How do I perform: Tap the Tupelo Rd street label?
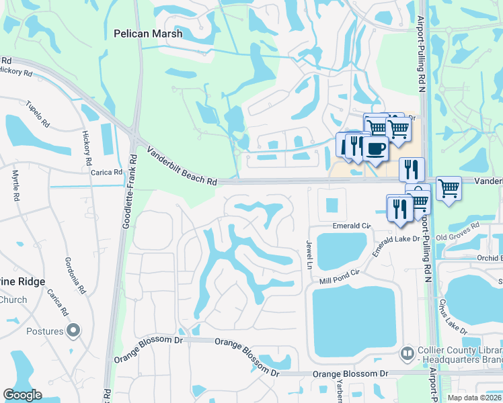click(x=38, y=114)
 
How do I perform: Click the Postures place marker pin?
click(x=74, y=330)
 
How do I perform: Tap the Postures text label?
click(x=45, y=331)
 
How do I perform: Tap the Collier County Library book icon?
click(x=407, y=352)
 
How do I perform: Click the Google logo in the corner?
click(x=22, y=395)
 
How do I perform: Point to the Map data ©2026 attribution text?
click(x=475, y=398)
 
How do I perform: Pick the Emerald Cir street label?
click(x=352, y=226)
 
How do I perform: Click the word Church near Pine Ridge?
click(x=13, y=300)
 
